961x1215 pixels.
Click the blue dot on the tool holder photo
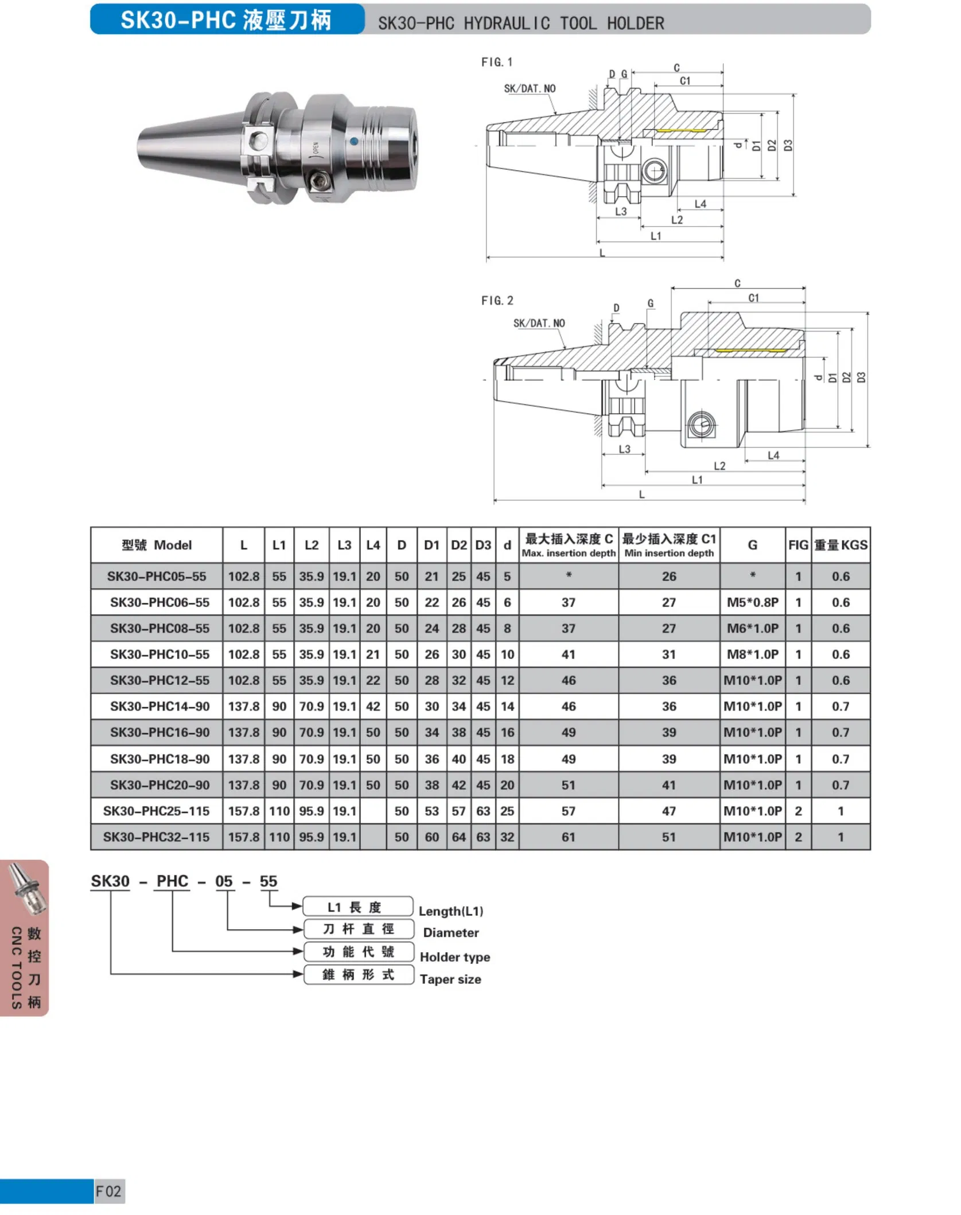[x=353, y=141]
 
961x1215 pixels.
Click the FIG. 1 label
[x=497, y=62]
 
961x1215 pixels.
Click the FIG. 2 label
[x=497, y=301]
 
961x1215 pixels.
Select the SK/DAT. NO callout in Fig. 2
[x=539, y=323]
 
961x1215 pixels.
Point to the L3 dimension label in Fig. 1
[x=621, y=212]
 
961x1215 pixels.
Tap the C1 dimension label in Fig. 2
[x=753, y=298]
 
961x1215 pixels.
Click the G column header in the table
[x=752, y=545]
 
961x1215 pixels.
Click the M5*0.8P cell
[x=752, y=602]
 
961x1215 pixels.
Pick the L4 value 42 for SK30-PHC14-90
[x=373, y=706]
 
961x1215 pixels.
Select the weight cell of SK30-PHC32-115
[x=841, y=837]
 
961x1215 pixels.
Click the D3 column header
[x=483, y=545]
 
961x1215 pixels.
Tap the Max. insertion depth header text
[x=568, y=553]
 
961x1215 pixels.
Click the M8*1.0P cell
[x=752, y=654]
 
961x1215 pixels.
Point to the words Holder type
[x=455, y=957]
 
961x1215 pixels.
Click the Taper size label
[x=450, y=979]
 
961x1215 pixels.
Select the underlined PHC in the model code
[x=172, y=881]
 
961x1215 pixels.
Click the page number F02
[x=108, y=1191]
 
